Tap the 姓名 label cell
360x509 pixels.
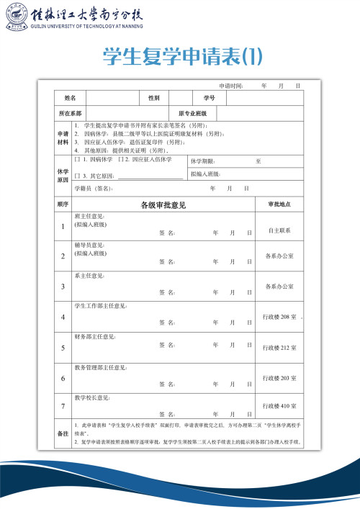(x=71, y=97)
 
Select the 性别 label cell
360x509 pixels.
(x=154, y=97)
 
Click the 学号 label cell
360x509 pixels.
(x=209, y=97)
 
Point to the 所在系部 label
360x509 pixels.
(x=70, y=114)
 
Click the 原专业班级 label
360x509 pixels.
(x=192, y=114)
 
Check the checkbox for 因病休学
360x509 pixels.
(x=77, y=159)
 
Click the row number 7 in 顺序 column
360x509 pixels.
(x=63, y=406)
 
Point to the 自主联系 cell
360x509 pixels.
(x=279, y=230)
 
